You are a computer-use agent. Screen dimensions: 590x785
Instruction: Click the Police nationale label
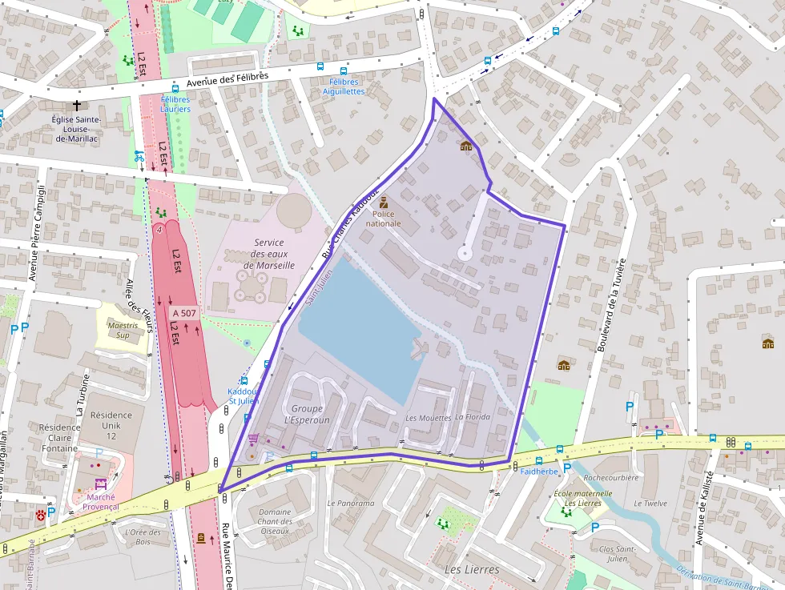(x=383, y=219)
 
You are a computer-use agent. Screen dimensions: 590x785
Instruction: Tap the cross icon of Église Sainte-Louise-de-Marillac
(x=77, y=105)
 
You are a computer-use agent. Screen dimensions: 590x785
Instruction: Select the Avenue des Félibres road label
(x=227, y=78)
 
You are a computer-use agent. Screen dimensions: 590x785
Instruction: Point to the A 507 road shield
(x=183, y=312)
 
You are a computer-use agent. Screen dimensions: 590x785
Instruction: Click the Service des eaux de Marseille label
(x=268, y=254)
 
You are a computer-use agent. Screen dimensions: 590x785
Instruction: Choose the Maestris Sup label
(x=123, y=330)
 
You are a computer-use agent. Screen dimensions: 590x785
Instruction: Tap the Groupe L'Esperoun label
(x=308, y=414)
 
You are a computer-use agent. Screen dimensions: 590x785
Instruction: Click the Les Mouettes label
(x=428, y=418)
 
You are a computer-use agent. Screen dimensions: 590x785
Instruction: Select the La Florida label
(x=472, y=417)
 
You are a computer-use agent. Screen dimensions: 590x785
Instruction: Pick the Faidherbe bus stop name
(x=539, y=472)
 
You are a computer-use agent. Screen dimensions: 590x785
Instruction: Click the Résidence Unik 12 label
(x=111, y=425)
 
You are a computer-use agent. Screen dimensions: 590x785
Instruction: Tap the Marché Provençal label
(x=100, y=501)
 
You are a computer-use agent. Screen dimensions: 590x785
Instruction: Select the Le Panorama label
(x=350, y=504)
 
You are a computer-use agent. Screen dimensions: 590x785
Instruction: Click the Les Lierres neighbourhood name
(x=471, y=569)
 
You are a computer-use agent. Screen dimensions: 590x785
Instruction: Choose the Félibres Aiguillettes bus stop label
(x=344, y=86)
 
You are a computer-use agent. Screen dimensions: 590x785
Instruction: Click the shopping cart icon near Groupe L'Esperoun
(x=254, y=439)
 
